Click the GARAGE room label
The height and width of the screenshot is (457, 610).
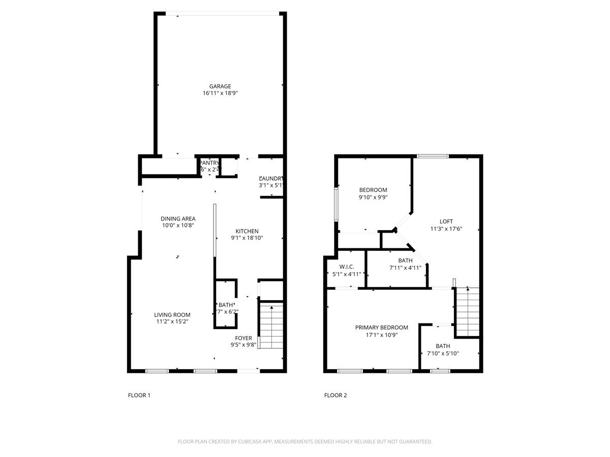coord(220,86)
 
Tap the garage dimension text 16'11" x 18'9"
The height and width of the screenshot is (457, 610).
coord(220,93)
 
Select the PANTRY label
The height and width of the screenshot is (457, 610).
coord(209,163)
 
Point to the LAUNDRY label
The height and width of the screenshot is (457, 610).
coord(271,179)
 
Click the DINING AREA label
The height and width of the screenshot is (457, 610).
coord(178,219)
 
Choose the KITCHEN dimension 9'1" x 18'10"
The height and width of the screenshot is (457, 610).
coord(247,238)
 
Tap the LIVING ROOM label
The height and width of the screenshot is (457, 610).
coord(172,315)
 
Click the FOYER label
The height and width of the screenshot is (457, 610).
coord(243,338)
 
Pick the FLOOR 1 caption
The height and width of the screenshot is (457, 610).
coord(139,395)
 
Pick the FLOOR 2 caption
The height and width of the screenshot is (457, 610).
coord(335,395)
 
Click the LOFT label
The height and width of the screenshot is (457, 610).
coord(446,221)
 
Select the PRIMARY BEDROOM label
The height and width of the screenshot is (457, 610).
coord(381,328)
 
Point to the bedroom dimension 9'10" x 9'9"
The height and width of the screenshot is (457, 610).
coord(373,198)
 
